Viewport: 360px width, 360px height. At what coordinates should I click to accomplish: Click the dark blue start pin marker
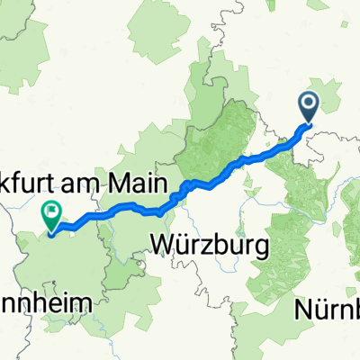(x=309, y=109)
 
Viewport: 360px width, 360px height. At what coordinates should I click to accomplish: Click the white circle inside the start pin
(x=309, y=105)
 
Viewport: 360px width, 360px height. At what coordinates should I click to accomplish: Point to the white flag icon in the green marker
(x=50, y=213)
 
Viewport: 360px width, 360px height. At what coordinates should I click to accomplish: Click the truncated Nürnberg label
(x=328, y=310)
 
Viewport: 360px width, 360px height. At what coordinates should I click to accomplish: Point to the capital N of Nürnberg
(x=303, y=310)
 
